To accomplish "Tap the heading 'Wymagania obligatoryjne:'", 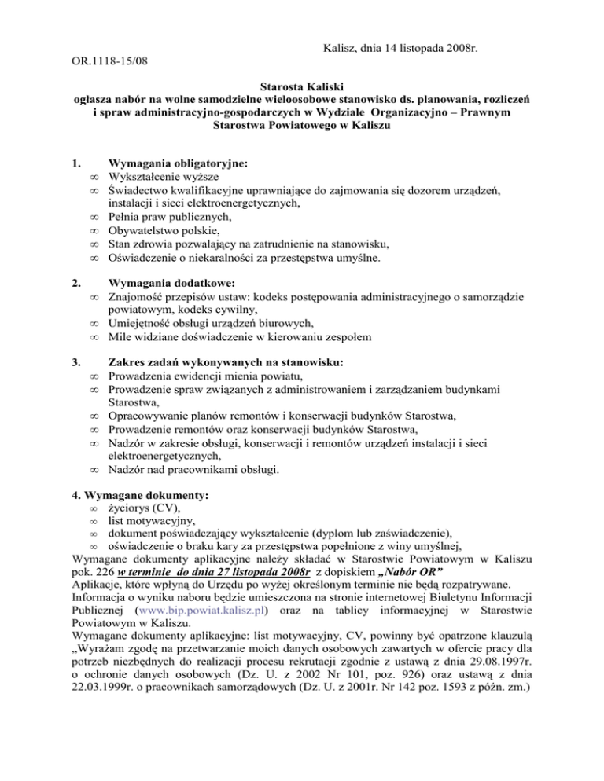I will pyautogui.click(x=179, y=165).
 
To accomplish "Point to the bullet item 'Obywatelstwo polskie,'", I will pyautogui.click(x=165, y=231).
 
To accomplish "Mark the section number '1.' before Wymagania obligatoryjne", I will pyautogui.click(x=76, y=165).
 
